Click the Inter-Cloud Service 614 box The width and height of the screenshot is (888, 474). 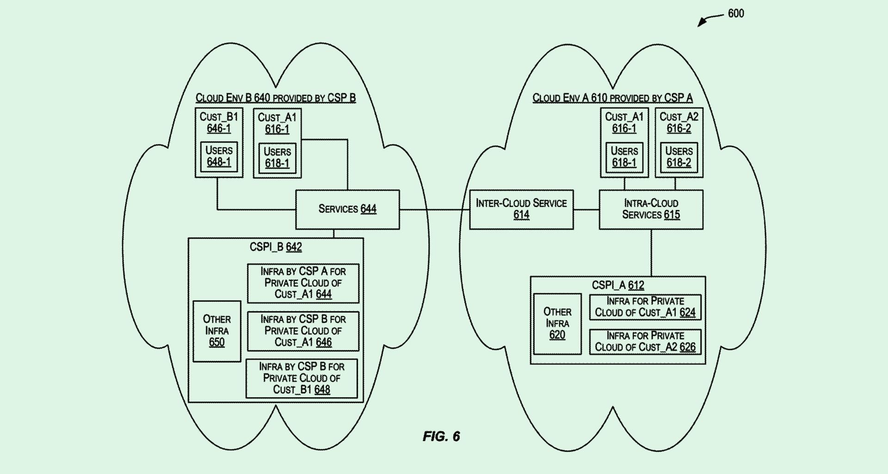[x=521, y=209]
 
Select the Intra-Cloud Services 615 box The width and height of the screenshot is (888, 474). [x=651, y=209]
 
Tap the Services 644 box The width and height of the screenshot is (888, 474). [x=347, y=209]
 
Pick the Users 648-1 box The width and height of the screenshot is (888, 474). [x=219, y=156]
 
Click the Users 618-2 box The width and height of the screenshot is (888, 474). [x=679, y=157]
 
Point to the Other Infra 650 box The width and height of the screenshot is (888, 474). [x=217, y=331]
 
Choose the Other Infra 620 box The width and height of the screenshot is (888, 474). [x=557, y=324]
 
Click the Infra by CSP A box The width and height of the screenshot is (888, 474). [x=303, y=283]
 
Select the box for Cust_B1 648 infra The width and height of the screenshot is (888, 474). [x=302, y=378]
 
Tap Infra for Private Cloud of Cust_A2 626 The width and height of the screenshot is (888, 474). [x=645, y=342]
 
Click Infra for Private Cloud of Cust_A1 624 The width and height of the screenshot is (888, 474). [x=645, y=307]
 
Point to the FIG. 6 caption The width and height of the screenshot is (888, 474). [x=441, y=437]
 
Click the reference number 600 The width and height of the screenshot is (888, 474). [x=736, y=13]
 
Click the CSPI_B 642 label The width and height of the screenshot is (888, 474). [x=276, y=247]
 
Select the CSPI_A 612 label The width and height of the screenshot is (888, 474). [x=618, y=285]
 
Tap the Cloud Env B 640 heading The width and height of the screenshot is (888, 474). [x=276, y=98]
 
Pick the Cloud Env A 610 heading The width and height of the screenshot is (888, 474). [x=612, y=98]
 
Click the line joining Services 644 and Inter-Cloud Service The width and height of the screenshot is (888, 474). [x=434, y=210]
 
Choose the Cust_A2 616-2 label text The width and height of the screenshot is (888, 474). [x=679, y=123]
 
